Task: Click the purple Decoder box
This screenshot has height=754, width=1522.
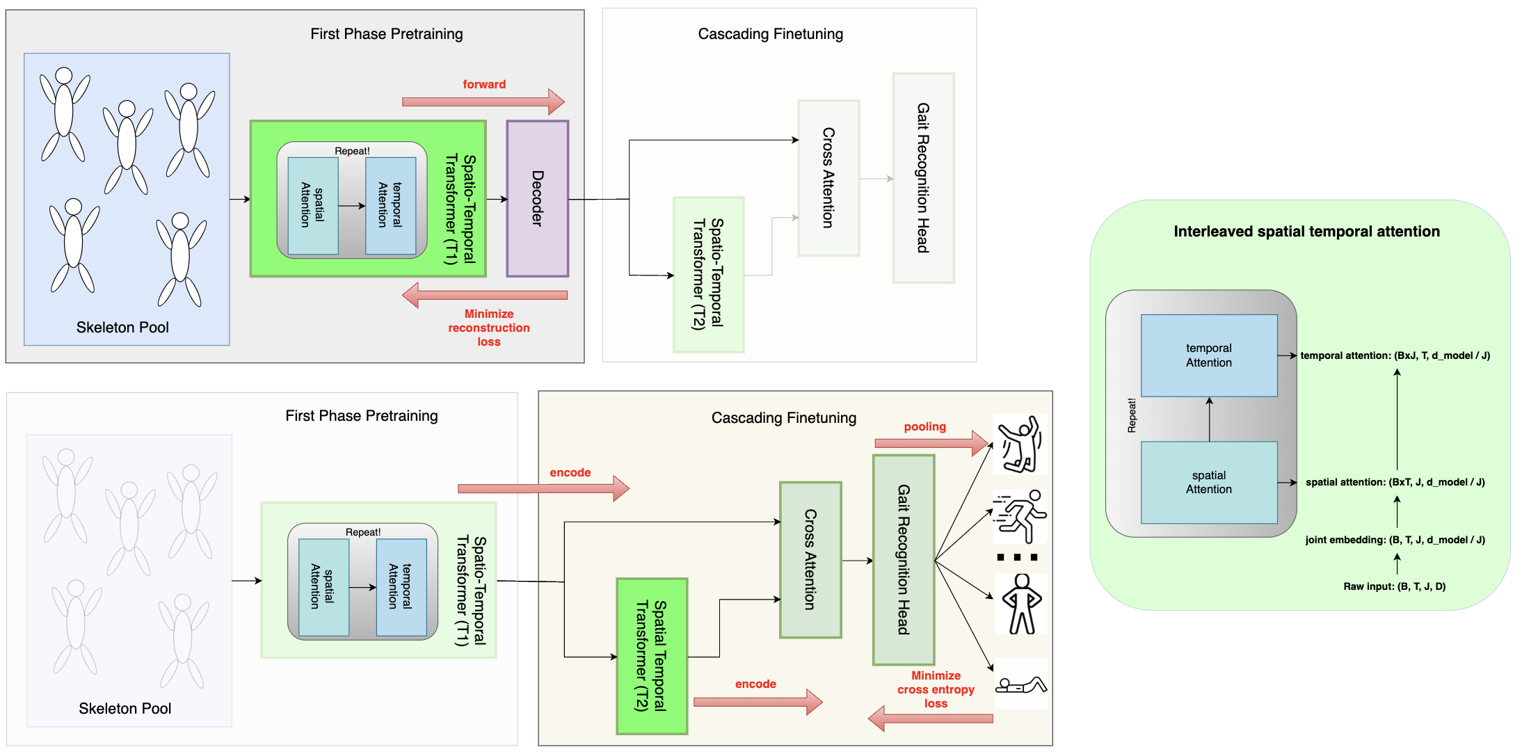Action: pyautogui.click(x=537, y=198)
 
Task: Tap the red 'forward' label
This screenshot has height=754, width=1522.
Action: pyautogui.click(x=484, y=84)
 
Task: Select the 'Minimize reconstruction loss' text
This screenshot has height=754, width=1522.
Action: pyautogui.click(x=488, y=328)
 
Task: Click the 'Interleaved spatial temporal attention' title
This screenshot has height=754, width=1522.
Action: pyautogui.click(x=1306, y=232)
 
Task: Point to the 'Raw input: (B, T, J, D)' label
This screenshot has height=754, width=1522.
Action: pyautogui.click(x=1394, y=586)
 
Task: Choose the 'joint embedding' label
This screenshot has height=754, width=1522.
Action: pyautogui.click(x=1395, y=540)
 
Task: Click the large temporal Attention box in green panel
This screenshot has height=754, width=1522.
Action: pyautogui.click(x=1209, y=355)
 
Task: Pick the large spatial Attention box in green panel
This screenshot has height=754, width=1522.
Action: pyautogui.click(x=1209, y=482)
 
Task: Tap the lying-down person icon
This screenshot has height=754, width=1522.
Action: pyautogui.click(x=1020, y=685)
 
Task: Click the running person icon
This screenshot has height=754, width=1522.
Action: pyautogui.click(x=1020, y=517)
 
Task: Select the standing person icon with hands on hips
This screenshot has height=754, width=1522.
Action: pyautogui.click(x=1021, y=604)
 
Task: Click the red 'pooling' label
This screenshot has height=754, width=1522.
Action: pyautogui.click(x=924, y=426)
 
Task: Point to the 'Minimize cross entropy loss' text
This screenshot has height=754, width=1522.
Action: pyautogui.click(x=936, y=689)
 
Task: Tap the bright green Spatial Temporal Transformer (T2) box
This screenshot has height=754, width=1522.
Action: pyautogui.click(x=652, y=656)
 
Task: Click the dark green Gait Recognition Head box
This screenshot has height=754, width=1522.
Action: pyautogui.click(x=903, y=559)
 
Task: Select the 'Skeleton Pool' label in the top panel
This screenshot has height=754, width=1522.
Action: pyautogui.click(x=122, y=328)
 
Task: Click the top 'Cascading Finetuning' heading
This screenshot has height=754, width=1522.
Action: pyautogui.click(x=770, y=34)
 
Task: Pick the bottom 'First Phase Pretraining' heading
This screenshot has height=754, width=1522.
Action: pyautogui.click(x=361, y=416)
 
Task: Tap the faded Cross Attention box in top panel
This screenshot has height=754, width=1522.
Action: pyautogui.click(x=828, y=178)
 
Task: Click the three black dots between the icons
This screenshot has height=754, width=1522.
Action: pyautogui.click(x=1017, y=557)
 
